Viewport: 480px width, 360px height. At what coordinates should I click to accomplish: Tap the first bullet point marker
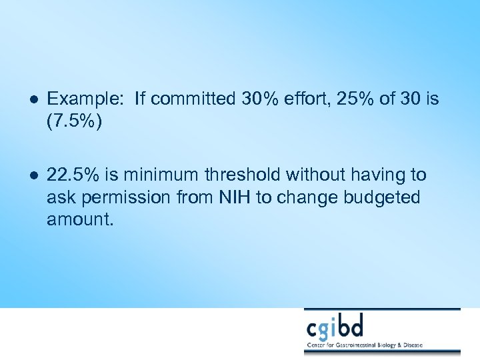point(33,100)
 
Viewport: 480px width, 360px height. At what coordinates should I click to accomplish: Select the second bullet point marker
point(33,175)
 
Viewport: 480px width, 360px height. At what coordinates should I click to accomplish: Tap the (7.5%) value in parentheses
point(74,122)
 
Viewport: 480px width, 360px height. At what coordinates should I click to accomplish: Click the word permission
point(131,198)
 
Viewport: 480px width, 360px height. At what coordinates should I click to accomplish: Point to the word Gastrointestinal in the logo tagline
point(369,347)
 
